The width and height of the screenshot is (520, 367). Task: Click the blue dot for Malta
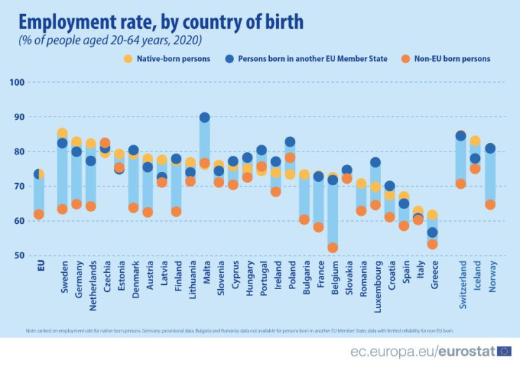204,118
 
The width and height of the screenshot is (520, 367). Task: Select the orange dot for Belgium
332,248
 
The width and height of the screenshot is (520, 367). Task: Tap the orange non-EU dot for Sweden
62,209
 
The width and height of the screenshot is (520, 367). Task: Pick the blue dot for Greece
432,232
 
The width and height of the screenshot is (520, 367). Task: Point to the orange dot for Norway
490,205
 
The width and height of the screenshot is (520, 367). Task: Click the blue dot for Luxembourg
375,163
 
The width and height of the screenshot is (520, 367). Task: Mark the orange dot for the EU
39,214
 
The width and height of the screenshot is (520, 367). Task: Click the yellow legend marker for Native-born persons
128,58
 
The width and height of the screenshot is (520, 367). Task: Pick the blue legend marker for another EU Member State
228,58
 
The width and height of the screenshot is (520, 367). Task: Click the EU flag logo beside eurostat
504,349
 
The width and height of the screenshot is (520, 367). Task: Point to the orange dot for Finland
176,211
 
